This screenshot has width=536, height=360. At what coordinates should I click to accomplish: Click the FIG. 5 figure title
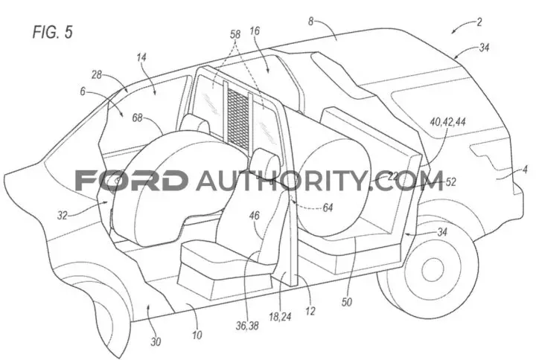point(53,32)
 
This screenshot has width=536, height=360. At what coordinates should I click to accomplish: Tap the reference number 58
point(235,34)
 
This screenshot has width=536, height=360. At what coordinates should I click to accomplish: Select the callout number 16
point(255,31)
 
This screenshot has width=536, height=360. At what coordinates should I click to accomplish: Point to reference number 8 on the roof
point(310,22)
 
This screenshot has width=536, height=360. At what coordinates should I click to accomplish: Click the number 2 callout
point(479,22)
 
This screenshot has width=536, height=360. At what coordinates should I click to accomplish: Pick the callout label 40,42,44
point(448,121)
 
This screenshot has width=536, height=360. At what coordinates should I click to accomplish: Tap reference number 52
point(451,181)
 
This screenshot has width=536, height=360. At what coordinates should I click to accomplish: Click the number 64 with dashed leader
point(328,208)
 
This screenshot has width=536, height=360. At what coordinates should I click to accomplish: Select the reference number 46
point(255,216)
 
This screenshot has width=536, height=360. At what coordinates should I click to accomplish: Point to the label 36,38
point(247,326)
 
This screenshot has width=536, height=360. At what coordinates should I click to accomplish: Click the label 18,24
point(280,317)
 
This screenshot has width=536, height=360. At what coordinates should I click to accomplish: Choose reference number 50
point(347,302)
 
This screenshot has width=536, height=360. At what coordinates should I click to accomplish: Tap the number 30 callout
point(156,341)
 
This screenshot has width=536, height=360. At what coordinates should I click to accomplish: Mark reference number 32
point(63,216)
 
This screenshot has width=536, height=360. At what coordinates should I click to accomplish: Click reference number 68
point(137,118)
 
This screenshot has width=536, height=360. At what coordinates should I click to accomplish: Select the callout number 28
point(97,74)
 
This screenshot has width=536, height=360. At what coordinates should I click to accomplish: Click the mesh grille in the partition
point(238,116)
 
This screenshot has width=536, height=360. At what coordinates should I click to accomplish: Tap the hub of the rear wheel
point(433,271)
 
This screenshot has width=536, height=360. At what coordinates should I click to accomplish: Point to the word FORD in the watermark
point(131,180)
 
